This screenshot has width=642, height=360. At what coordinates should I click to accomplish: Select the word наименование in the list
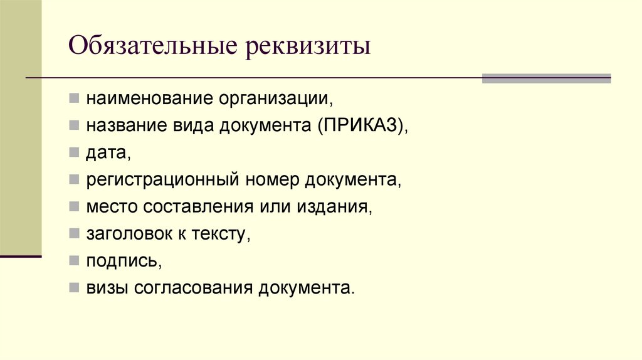(x=150, y=99)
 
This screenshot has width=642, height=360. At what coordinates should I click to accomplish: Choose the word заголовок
(x=129, y=234)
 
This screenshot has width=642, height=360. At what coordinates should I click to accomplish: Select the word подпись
(x=124, y=262)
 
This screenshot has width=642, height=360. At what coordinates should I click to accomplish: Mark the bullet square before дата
(x=74, y=152)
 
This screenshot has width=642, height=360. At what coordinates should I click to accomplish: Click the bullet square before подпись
(x=74, y=260)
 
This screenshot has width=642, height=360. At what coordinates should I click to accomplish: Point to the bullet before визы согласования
(x=74, y=287)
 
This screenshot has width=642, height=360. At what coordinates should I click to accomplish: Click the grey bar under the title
(x=545, y=78)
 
